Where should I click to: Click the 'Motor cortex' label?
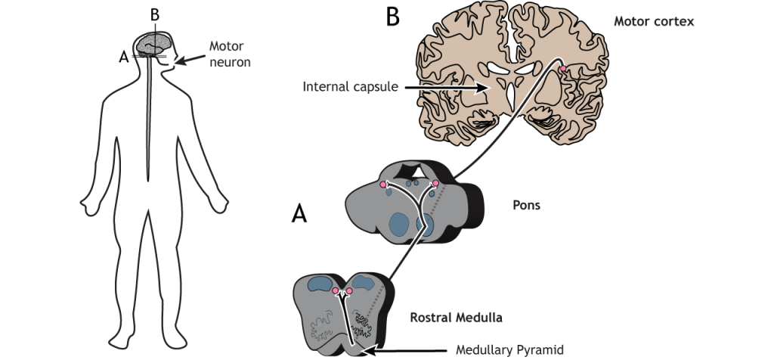655,21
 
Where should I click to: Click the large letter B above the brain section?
392,17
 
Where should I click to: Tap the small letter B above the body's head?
156,16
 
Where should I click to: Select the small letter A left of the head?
123,55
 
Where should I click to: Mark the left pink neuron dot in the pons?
383,184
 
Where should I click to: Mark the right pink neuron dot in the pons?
435,184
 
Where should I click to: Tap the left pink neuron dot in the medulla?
336,291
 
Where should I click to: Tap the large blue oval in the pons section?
398,225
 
